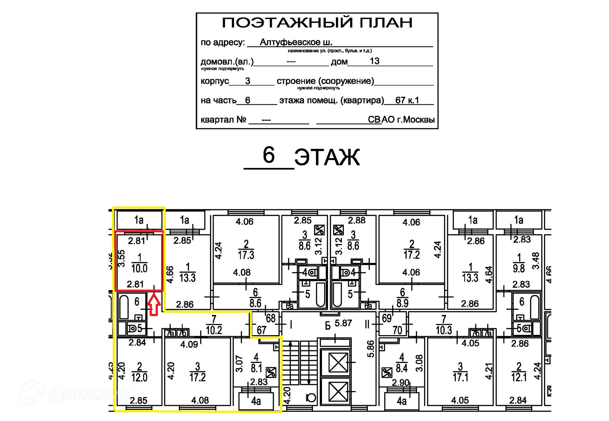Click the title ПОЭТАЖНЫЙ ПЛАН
point(317,23)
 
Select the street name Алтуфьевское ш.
point(296,42)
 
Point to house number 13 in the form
point(374,61)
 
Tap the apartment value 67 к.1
point(407,100)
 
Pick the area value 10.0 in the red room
point(139,269)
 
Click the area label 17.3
point(246,255)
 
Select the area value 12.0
point(139,378)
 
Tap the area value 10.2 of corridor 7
point(214,330)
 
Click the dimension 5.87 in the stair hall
point(343,323)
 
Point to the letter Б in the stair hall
point(328,326)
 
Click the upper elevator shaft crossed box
point(338,363)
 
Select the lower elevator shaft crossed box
point(338,392)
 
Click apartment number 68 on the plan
point(271,318)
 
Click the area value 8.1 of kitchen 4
point(256,368)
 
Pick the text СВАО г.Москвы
point(401,120)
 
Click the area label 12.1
point(519,378)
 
